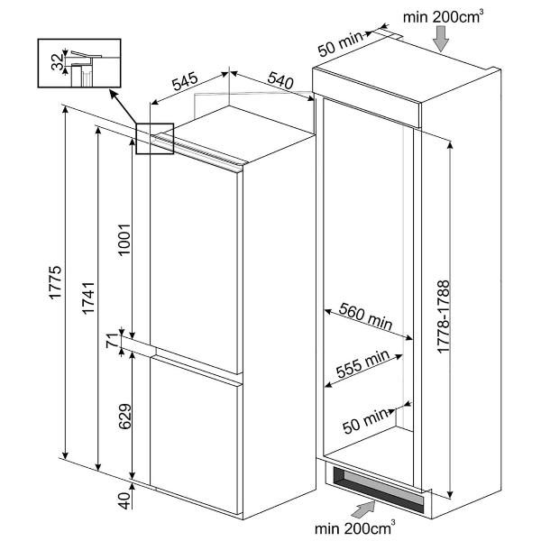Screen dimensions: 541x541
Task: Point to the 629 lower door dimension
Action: pos(124,416)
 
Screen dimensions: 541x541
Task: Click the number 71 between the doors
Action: pos(113,341)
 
